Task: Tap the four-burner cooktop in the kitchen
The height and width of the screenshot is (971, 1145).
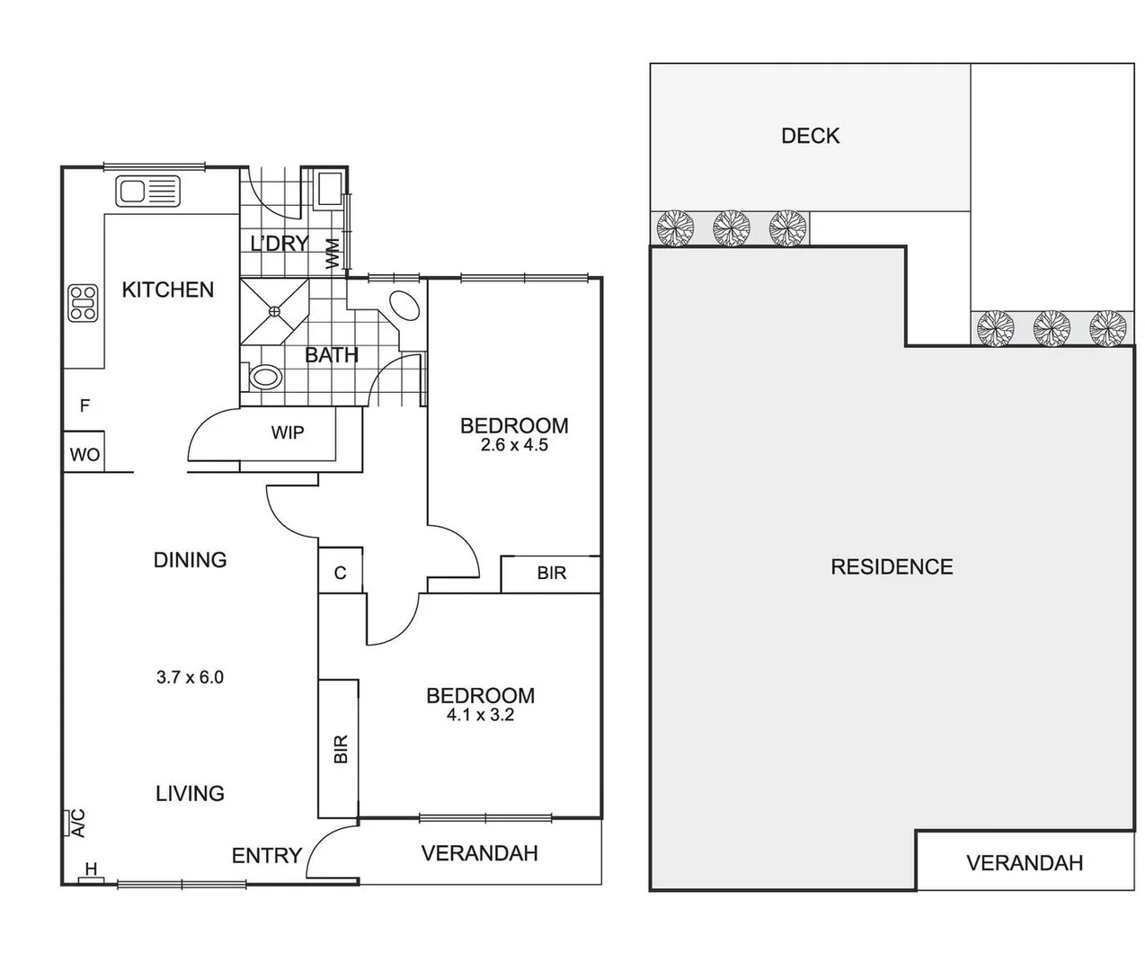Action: [x=84, y=303]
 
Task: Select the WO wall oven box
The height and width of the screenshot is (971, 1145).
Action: [x=84, y=455]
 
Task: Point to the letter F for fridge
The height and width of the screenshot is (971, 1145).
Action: [x=84, y=406]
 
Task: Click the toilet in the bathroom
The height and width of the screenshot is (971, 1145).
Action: [x=263, y=377]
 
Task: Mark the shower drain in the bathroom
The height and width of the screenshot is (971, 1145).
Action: [x=274, y=311]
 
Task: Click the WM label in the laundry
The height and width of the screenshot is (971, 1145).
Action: [x=333, y=253]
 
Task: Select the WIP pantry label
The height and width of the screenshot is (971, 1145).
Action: [x=288, y=433]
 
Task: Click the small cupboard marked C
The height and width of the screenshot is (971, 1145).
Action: [x=341, y=573]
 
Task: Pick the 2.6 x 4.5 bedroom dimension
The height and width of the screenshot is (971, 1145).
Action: [x=514, y=445]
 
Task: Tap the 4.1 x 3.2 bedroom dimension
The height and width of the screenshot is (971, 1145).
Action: [x=480, y=716]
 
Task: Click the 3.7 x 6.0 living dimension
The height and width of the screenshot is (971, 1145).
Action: [x=190, y=678]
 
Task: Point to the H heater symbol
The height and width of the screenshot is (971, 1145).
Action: [x=91, y=871]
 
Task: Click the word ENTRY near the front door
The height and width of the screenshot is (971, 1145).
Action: [x=266, y=856]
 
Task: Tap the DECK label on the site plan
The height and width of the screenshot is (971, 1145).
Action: [x=810, y=136]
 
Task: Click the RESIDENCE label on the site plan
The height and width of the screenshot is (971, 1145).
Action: [x=892, y=567]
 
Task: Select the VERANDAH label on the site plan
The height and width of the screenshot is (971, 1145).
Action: [x=1024, y=864]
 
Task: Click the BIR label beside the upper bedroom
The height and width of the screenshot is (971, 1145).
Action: [x=551, y=574]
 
